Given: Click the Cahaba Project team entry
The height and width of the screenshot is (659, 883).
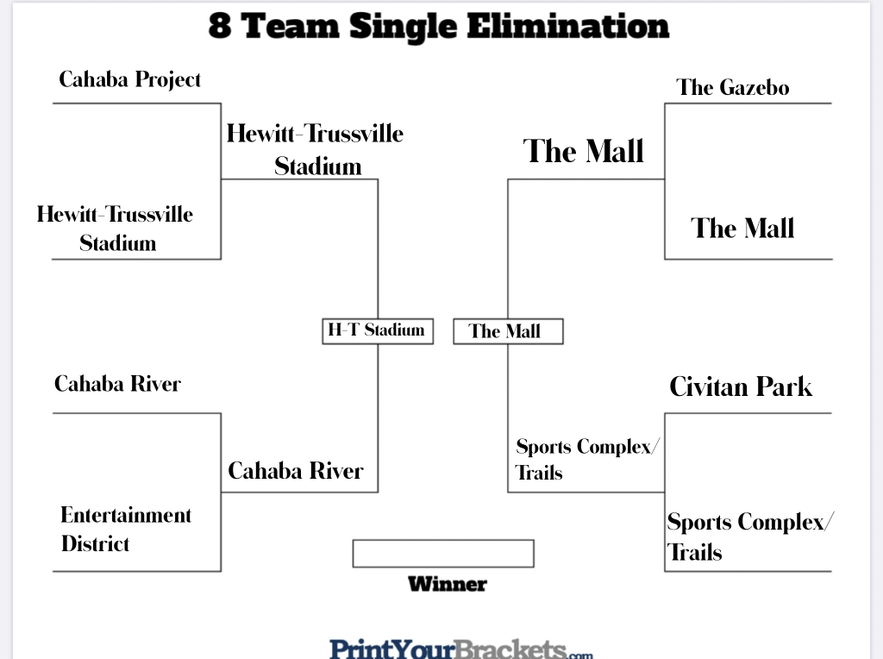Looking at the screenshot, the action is [129, 80].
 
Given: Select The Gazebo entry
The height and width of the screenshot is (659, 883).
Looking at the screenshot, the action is [733, 87].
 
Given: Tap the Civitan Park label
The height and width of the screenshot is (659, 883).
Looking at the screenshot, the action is [741, 387].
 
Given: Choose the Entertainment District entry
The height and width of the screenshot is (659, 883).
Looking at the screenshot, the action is [126, 530].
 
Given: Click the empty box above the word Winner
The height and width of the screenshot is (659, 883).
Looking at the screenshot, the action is [443, 553].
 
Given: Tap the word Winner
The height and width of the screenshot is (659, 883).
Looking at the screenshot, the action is [448, 584].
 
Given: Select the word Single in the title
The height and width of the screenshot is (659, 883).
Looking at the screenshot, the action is [403, 27].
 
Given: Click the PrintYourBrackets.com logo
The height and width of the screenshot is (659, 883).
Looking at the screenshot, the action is [460, 649].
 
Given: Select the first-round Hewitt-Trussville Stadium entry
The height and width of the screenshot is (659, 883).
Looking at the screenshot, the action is [115, 229].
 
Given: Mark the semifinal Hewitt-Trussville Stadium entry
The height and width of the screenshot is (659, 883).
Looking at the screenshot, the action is [315, 150].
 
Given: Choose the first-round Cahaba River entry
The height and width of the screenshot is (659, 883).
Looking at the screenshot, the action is [117, 384].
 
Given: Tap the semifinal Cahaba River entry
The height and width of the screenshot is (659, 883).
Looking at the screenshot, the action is [296, 471].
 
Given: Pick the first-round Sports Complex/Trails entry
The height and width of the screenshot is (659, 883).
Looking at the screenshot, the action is [750, 537].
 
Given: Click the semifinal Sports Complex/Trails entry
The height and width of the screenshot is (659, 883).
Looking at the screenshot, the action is [587, 459].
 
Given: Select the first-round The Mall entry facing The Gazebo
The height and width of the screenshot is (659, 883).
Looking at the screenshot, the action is [742, 229].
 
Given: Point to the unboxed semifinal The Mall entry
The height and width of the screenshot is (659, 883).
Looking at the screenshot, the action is [583, 151].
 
